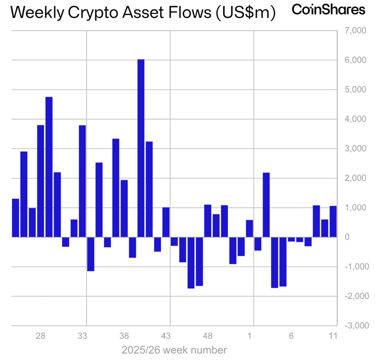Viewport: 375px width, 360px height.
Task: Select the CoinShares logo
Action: point(328,10)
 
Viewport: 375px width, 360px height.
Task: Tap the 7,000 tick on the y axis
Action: point(352,31)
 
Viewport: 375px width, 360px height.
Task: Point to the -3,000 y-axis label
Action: point(351,326)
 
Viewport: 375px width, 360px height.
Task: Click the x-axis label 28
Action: point(41,336)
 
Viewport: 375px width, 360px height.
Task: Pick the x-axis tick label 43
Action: point(166,336)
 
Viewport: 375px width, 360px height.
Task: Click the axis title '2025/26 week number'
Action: point(174,351)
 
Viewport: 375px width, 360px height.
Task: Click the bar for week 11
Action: point(333,221)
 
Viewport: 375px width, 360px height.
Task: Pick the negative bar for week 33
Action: point(91,254)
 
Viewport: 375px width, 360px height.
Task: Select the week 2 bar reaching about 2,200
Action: point(266,205)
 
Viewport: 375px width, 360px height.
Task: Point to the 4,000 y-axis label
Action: point(352,119)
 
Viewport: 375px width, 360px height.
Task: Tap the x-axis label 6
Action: point(291,336)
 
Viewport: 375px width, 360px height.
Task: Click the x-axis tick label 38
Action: point(124,336)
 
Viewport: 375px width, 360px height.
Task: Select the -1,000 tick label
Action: point(351,267)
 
